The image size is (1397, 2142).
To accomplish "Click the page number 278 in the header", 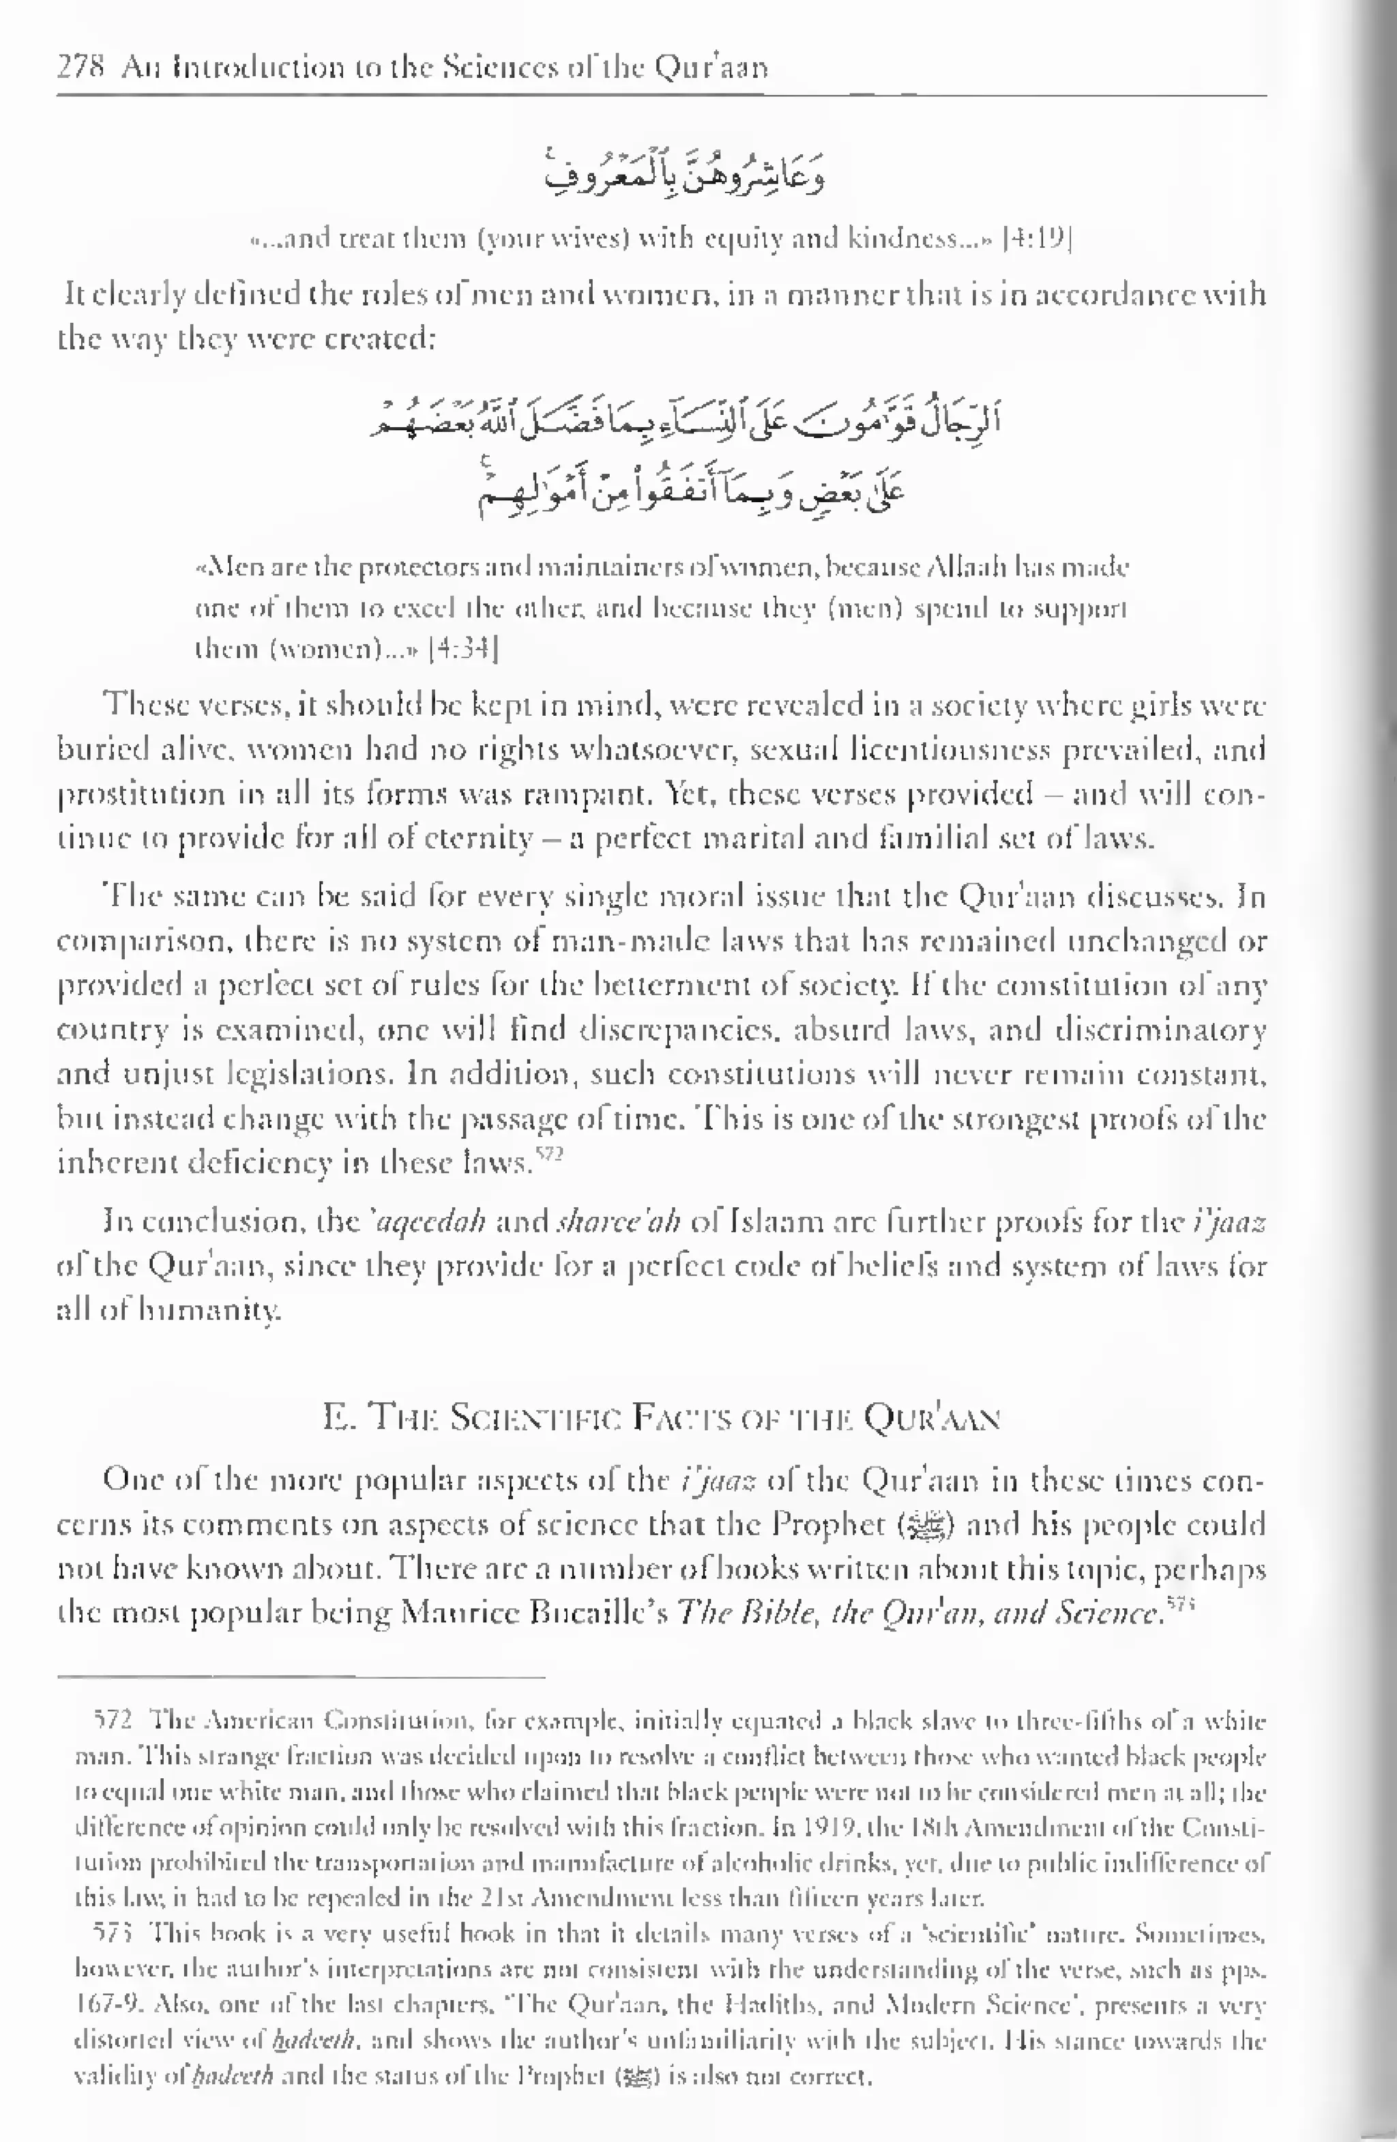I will [81, 68].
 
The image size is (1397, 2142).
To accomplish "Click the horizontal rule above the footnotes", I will [302, 1677].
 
